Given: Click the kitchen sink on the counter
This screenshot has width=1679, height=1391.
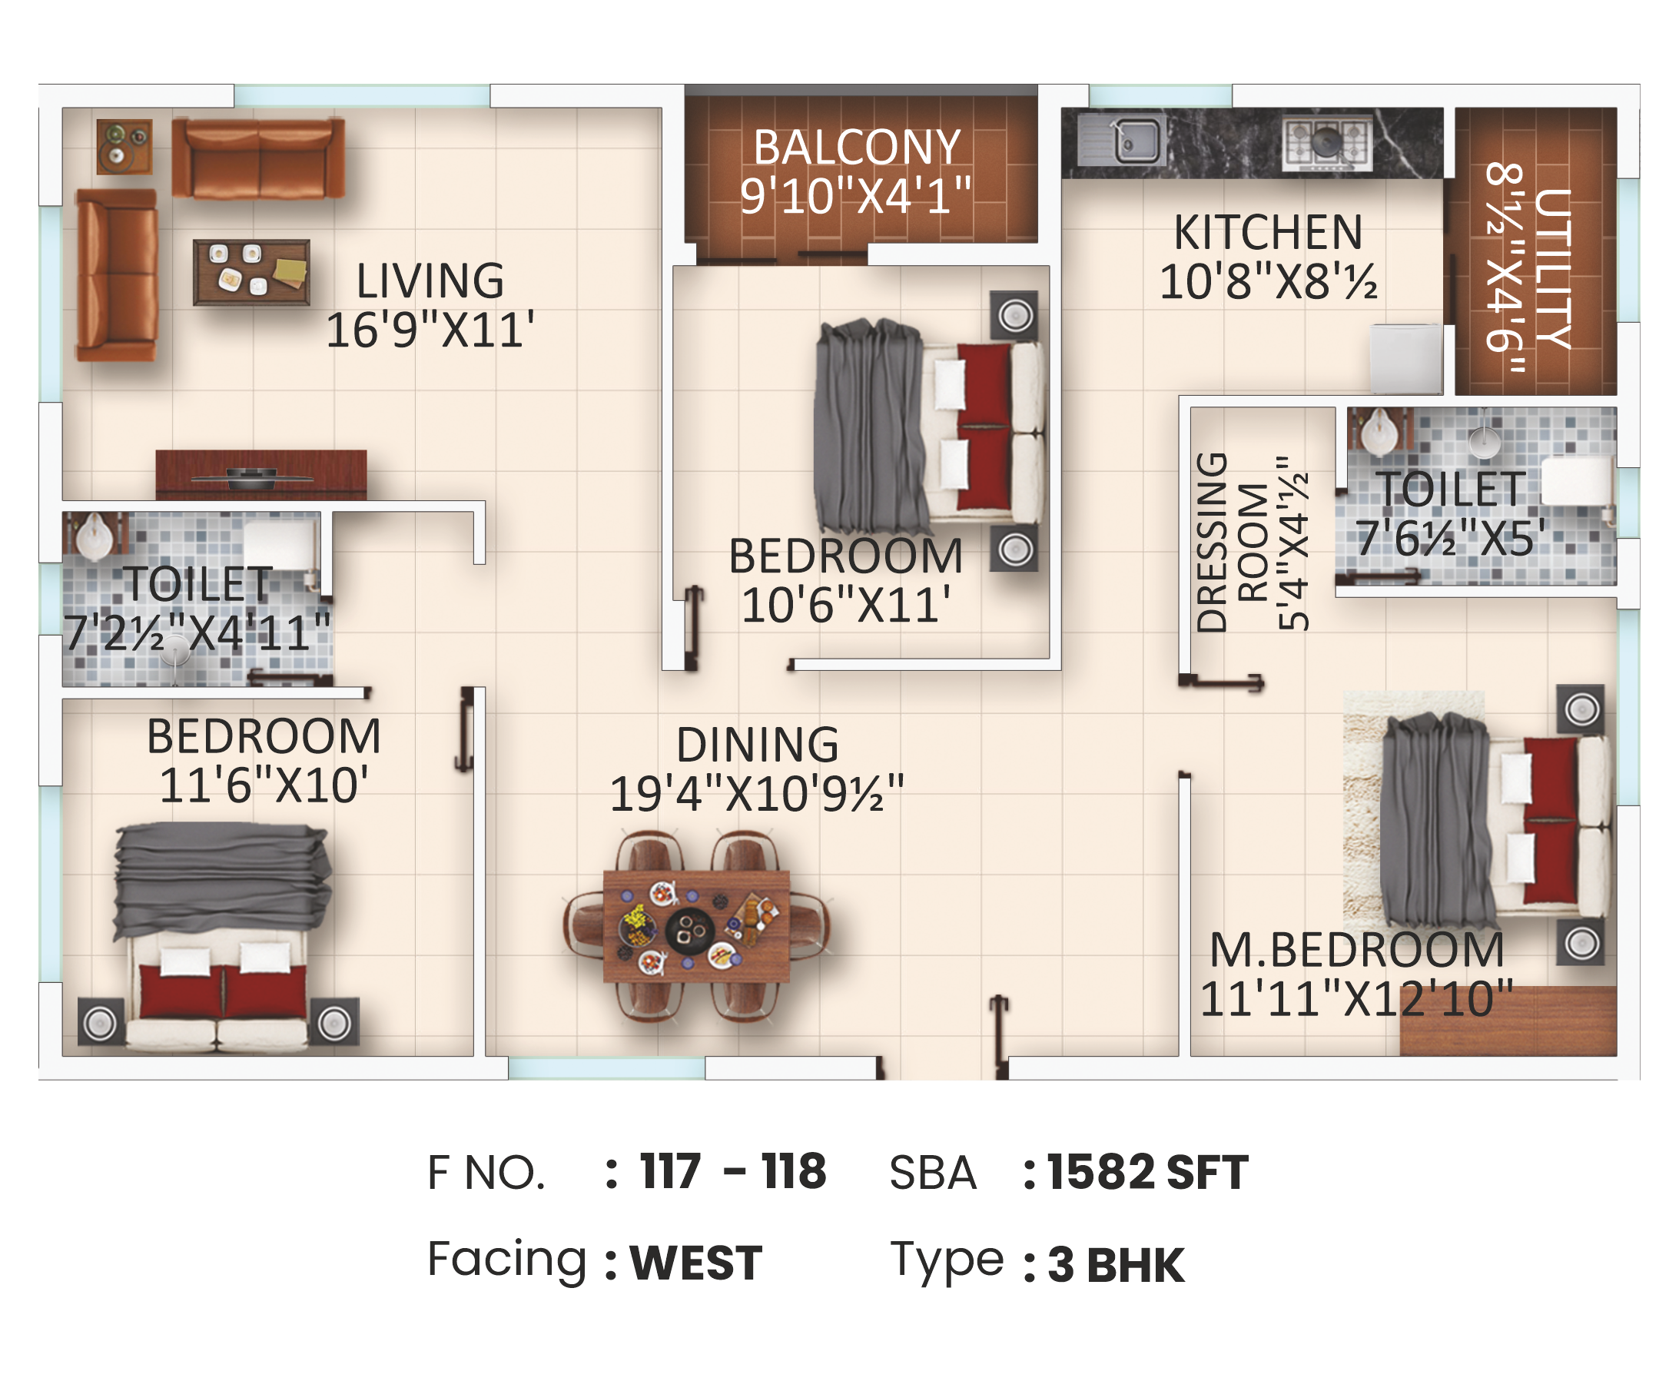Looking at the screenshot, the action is pyautogui.click(x=1121, y=141).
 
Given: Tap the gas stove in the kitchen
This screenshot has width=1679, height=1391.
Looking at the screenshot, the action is pyautogui.click(x=1327, y=141).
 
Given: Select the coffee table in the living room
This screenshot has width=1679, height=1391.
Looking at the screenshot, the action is pyautogui.click(x=251, y=272).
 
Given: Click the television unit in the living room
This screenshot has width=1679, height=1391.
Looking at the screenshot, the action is pyautogui.click(x=260, y=475).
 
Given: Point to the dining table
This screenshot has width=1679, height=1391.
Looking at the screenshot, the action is pyautogui.click(x=696, y=927).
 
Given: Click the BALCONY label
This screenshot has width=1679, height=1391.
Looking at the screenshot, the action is pyautogui.click(x=856, y=148).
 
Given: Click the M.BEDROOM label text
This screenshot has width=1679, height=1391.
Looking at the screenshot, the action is pyautogui.click(x=1357, y=950).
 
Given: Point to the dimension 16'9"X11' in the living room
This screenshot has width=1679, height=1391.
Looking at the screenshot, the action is pyautogui.click(x=430, y=330).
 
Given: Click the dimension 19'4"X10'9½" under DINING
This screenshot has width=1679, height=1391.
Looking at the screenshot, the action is pyautogui.click(x=756, y=793).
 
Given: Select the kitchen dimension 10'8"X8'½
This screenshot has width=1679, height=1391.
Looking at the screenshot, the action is pyautogui.click(x=1268, y=281).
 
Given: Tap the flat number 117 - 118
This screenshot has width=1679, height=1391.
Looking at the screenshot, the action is pyautogui.click(x=732, y=1171).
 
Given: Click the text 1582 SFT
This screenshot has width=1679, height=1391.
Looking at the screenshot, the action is pyautogui.click(x=1147, y=1172).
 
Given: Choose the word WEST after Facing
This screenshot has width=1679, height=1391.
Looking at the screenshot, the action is pyautogui.click(x=695, y=1263).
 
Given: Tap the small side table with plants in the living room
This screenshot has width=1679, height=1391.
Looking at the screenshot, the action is pyautogui.click(x=124, y=146).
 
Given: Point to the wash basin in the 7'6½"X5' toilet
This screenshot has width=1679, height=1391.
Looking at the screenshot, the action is pyautogui.click(x=1380, y=432).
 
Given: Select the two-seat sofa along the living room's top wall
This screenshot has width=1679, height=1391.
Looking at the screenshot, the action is pyautogui.click(x=258, y=158).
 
